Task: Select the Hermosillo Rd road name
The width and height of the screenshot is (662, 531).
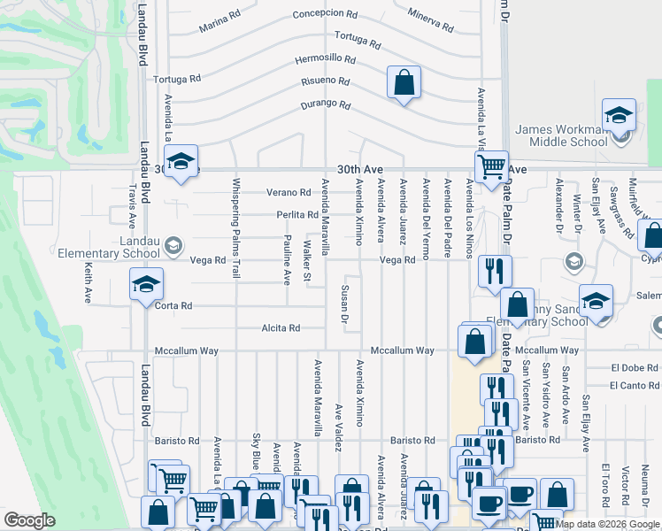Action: [326, 60]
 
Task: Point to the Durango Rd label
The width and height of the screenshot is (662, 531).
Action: [325, 105]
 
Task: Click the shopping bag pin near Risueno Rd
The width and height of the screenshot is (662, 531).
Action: [403, 84]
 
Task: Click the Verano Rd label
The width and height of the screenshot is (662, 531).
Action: [289, 192]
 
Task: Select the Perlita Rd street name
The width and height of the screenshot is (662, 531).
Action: [297, 215]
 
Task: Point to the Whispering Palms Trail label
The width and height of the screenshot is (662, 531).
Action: [236, 229]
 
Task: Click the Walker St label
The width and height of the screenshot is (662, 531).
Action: [307, 261]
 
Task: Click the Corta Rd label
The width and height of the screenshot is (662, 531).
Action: [173, 306]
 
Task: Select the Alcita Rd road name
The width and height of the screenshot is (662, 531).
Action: [281, 328]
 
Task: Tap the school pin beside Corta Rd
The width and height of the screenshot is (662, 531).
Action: [146, 285]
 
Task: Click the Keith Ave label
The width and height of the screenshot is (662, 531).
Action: [88, 279]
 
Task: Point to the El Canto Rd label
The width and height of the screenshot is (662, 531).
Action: [635, 385]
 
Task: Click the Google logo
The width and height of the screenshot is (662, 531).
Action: [30, 520]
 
